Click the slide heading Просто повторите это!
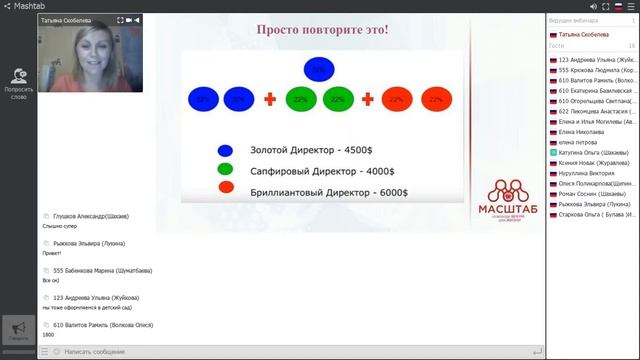click(x=323, y=29)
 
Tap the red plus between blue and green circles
click(x=269, y=99)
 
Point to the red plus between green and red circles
click(x=367, y=99)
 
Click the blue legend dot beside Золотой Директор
click(x=226, y=151)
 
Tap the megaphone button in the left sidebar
click(x=18, y=329)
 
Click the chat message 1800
click(x=48, y=335)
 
